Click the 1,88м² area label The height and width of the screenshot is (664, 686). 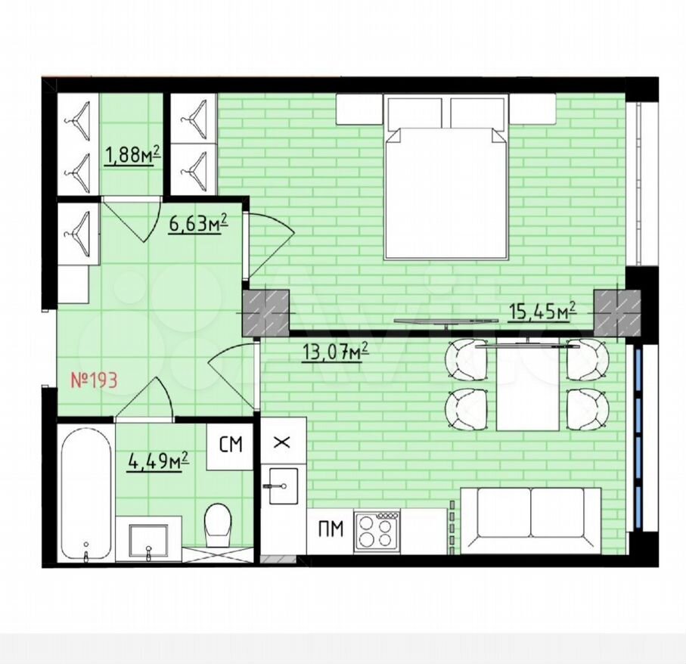132,156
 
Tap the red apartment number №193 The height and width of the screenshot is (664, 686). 94,380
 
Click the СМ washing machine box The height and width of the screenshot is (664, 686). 230,445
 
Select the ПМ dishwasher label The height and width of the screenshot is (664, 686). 331,530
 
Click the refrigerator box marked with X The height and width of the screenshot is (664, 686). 283,442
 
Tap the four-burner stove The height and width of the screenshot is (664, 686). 377,532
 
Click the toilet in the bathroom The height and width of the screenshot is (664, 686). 218,526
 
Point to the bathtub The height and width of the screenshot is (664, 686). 85,493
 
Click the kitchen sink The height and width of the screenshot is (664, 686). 283,486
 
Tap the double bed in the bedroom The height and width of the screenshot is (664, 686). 445,177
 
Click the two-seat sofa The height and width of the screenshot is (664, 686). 530,520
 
